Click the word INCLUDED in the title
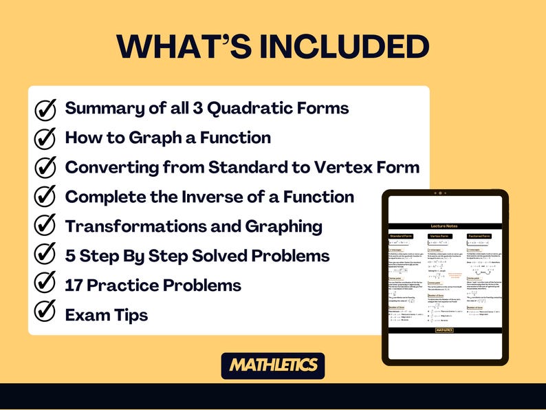pos(337,47)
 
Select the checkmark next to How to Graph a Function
pos(45,138)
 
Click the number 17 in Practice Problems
pos(74,285)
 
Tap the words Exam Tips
pos(106,314)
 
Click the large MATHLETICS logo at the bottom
pos(273,365)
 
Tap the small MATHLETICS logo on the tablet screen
pos(444,330)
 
